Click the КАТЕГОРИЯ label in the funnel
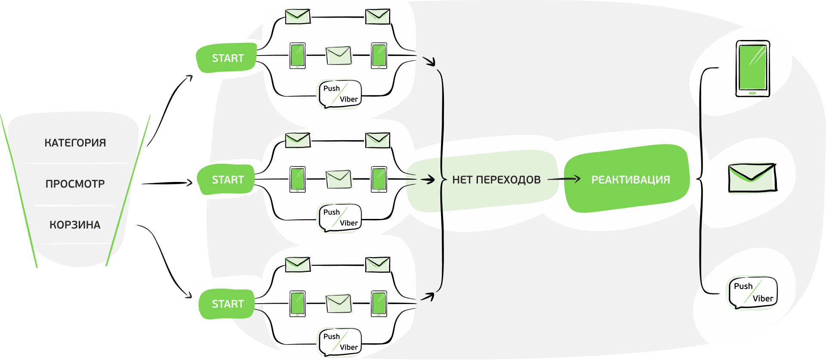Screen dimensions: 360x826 point(75,143)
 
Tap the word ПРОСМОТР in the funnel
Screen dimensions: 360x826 point(75,184)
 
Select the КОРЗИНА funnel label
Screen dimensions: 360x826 point(75,225)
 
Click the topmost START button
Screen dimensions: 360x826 point(227,58)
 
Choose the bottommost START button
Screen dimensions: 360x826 point(227,304)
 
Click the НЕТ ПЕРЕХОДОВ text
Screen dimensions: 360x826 point(496,180)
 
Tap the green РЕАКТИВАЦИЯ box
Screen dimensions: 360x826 point(630,180)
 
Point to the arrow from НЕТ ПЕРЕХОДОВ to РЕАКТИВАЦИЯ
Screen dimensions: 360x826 point(564,179)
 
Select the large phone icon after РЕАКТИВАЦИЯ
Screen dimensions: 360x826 point(752,69)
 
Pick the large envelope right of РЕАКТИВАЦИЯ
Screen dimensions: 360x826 point(752,178)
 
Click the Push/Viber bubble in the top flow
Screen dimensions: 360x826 point(340,94)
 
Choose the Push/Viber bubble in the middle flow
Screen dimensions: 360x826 point(340,218)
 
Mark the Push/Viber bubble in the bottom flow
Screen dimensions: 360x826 point(340,342)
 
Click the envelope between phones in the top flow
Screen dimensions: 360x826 point(339,55)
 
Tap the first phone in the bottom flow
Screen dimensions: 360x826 point(298,304)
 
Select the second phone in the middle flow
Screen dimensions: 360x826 point(379,179)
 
